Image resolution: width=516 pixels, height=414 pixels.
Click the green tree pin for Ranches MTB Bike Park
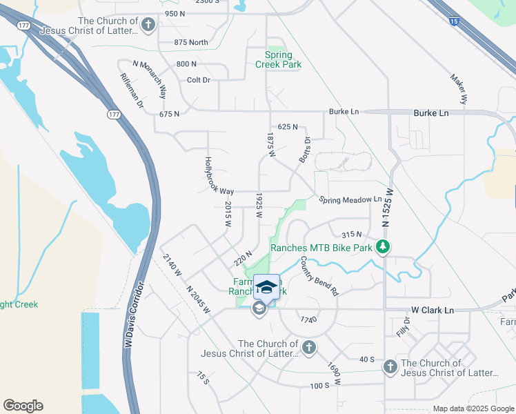pos(384,247)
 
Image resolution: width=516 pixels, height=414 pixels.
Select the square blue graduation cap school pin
pos(267,287)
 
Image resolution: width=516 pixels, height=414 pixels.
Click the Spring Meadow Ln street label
pos(350,199)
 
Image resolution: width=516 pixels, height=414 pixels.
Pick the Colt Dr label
pos(199,80)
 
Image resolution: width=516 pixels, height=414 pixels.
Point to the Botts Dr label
pos(303,149)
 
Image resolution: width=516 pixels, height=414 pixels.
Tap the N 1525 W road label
pos(388,207)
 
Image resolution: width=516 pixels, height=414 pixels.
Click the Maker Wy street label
pos(459,90)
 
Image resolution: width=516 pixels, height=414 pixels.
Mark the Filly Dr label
pos(404,326)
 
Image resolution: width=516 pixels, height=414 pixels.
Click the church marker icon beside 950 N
pos(148,26)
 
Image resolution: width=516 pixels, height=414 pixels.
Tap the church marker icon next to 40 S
pos(390,366)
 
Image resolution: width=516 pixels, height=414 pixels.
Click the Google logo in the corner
pos(23,405)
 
